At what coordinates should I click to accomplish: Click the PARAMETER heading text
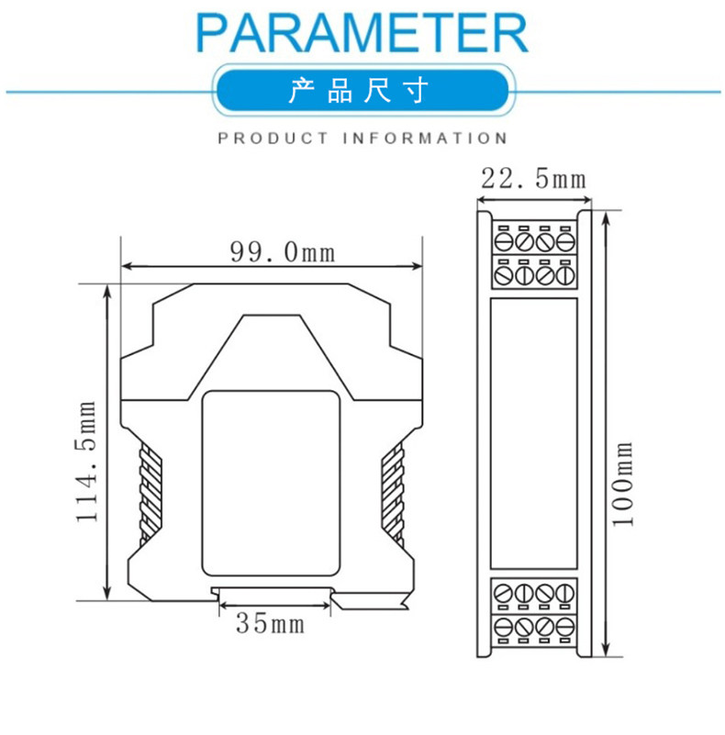coord(362,33)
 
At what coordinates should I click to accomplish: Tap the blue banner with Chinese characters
coord(362,90)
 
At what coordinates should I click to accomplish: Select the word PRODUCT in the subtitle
coord(273,139)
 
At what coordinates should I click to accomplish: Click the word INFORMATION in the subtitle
coord(424,139)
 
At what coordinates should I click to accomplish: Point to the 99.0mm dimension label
coord(283,251)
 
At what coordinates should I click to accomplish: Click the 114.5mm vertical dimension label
coord(87,462)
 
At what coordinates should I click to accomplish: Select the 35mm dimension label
coord(270,623)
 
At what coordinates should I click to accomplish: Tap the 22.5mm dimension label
coord(533,179)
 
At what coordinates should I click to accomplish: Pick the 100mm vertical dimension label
coord(623,484)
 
